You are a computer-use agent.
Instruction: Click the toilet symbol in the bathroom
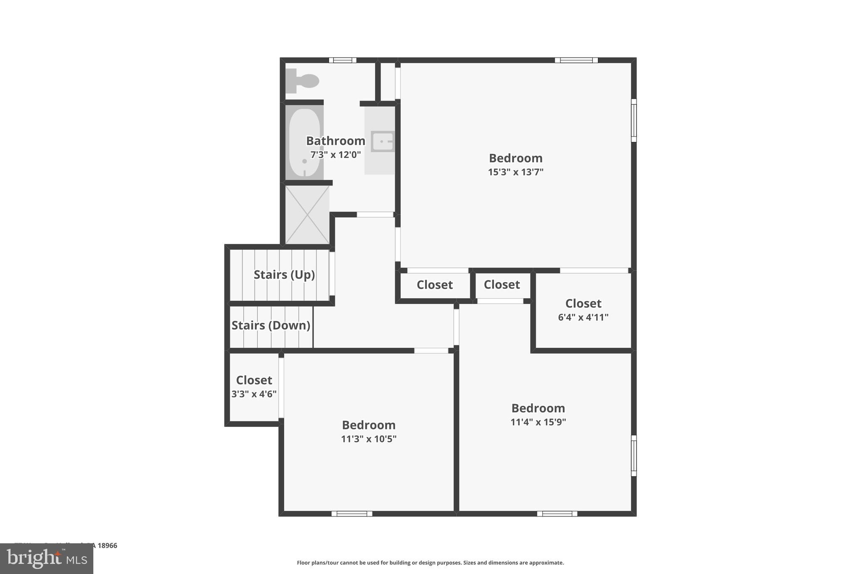pyautogui.click(x=303, y=80)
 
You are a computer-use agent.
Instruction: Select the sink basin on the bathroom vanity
pyautogui.click(x=382, y=141)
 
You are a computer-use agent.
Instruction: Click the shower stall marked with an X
pyautogui.click(x=307, y=214)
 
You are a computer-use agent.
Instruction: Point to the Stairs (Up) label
pyautogui.click(x=284, y=275)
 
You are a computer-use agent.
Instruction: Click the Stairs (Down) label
pyautogui.click(x=271, y=325)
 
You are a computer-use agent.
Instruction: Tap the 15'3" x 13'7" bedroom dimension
pyautogui.click(x=515, y=172)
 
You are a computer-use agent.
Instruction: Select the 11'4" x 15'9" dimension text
pyautogui.click(x=538, y=422)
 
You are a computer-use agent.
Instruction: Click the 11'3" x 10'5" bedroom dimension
pyautogui.click(x=369, y=439)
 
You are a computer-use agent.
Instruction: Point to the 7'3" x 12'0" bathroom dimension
pyautogui.click(x=335, y=155)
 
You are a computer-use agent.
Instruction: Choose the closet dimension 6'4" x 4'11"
pyautogui.click(x=583, y=317)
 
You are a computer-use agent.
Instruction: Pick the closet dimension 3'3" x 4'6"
pyautogui.click(x=254, y=394)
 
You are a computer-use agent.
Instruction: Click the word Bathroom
pyautogui.click(x=335, y=141)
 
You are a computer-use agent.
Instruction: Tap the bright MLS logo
pyautogui.click(x=47, y=559)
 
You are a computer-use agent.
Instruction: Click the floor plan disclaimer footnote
pyautogui.click(x=430, y=563)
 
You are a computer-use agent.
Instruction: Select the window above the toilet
pyautogui.click(x=343, y=60)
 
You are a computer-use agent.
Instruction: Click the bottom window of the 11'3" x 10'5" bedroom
pyautogui.click(x=352, y=513)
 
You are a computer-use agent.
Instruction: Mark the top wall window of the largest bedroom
pyautogui.click(x=576, y=60)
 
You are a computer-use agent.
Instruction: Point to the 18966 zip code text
pyautogui.click(x=108, y=545)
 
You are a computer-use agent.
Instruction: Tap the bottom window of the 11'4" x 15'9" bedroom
pyautogui.click(x=557, y=513)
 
